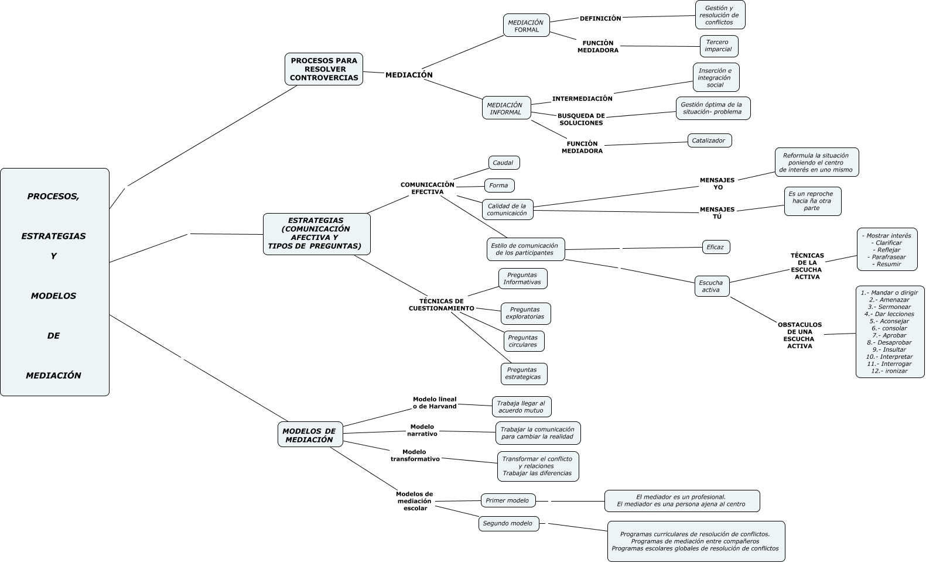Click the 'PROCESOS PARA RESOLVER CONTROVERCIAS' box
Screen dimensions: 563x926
click(323, 69)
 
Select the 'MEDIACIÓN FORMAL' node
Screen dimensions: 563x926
click(526, 26)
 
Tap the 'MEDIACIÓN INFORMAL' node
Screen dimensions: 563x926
click(506, 108)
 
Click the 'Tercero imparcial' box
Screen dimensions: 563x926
click(718, 46)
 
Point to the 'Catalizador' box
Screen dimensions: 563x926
click(709, 140)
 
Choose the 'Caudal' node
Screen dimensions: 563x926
click(503, 163)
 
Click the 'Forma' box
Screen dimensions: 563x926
click(499, 186)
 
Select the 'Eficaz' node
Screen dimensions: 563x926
click(715, 247)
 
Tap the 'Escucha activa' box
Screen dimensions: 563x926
click(711, 286)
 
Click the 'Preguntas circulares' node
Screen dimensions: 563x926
click(523, 341)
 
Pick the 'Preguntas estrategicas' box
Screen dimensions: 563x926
click(523, 373)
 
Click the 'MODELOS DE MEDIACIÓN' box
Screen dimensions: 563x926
click(309, 435)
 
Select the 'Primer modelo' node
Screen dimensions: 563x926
click(507, 500)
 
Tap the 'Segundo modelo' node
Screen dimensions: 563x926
click(508, 523)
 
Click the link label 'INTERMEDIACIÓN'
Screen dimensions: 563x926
click(582, 99)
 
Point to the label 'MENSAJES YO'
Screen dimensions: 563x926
click(717, 184)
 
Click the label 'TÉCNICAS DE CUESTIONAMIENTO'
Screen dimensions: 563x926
click(441, 304)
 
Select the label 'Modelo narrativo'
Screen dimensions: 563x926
click(422, 430)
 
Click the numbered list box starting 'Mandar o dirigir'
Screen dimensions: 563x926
click(890, 331)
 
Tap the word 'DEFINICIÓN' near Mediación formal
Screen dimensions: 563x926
click(600, 19)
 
